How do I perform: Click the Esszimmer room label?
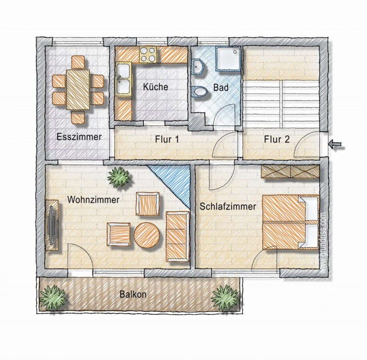pos(79,137)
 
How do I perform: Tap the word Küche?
pos(156,87)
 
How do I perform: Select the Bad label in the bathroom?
pos(221,88)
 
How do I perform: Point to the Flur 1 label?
pos(167,140)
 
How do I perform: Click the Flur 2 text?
pos(277,140)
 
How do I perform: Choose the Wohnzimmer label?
pos(93,200)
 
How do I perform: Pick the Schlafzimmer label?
pos(228,207)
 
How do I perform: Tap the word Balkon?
pos(133,294)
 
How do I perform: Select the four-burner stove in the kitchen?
pos(148,54)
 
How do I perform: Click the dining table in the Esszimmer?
pos(78,90)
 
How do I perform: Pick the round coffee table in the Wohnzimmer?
pos(147,235)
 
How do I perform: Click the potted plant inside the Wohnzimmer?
pos(118,177)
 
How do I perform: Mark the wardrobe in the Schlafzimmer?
pos(290,171)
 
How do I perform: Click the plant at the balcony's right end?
pos(225,298)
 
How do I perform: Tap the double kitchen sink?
pos(124,79)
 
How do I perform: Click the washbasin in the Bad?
pos(198,67)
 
